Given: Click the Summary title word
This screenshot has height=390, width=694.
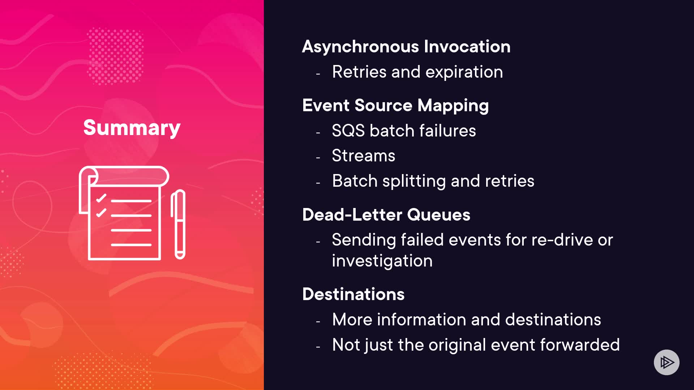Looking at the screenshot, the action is [x=132, y=128].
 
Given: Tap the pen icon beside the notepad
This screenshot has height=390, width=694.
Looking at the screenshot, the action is [x=178, y=224].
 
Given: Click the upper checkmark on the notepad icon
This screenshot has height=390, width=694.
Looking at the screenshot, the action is [x=101, y=198].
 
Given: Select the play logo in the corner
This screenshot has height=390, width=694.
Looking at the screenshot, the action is [x=667, y=362].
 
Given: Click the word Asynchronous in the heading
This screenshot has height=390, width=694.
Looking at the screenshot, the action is [x=360, y=47].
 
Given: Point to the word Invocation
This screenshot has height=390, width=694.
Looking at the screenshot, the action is [x=467, y=47].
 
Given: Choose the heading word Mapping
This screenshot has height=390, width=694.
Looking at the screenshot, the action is [x=453, y=106].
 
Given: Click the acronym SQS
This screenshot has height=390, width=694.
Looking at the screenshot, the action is [x=348, y=131].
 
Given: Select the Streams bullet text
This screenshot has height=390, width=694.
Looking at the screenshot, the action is [x=364, y=156].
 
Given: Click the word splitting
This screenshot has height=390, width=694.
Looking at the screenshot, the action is [x=414, y=181].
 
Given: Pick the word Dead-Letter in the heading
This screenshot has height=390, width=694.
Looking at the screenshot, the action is [x=352, y=215].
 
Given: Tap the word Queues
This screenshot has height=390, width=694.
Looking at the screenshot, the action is [x=438, y=215].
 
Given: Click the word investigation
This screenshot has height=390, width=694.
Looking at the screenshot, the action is [x=382, y=261].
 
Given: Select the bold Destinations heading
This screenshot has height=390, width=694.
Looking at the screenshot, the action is [x=353, y=294].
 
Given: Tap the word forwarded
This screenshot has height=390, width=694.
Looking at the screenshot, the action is [x=580, y=345].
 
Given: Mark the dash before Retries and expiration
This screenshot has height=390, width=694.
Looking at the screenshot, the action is [x=318, y=74].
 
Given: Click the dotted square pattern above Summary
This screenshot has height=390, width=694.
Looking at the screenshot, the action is [x=116, y=56].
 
